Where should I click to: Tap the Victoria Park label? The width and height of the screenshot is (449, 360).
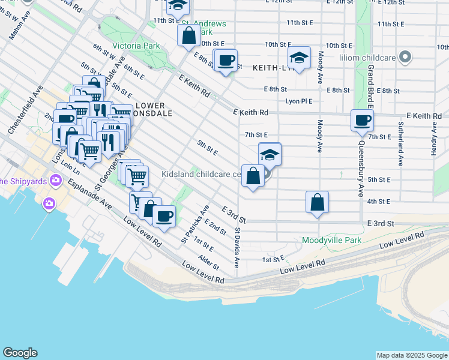tap(136, 46)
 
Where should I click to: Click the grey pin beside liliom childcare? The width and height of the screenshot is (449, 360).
tap(406, 58)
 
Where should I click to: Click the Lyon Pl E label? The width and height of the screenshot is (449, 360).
tap(299, 101)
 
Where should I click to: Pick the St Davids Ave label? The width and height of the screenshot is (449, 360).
tap(238, 247)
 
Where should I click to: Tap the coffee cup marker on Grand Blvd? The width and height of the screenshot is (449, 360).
tap(363, 120)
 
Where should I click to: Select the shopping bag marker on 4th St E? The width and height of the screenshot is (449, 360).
tap(318, 203)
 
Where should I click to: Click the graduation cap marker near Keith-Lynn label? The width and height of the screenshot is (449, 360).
tap(299, 58)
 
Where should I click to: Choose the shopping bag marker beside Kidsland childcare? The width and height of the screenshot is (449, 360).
tap(253, 176)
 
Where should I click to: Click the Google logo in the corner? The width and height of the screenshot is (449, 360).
tap(20, 353)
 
